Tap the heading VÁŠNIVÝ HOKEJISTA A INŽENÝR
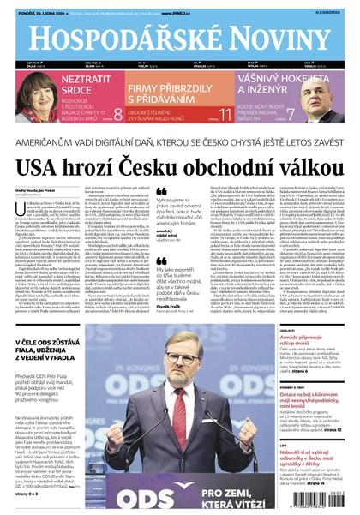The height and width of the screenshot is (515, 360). click(270, 82)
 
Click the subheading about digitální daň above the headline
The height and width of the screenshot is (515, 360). click(180, 140)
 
